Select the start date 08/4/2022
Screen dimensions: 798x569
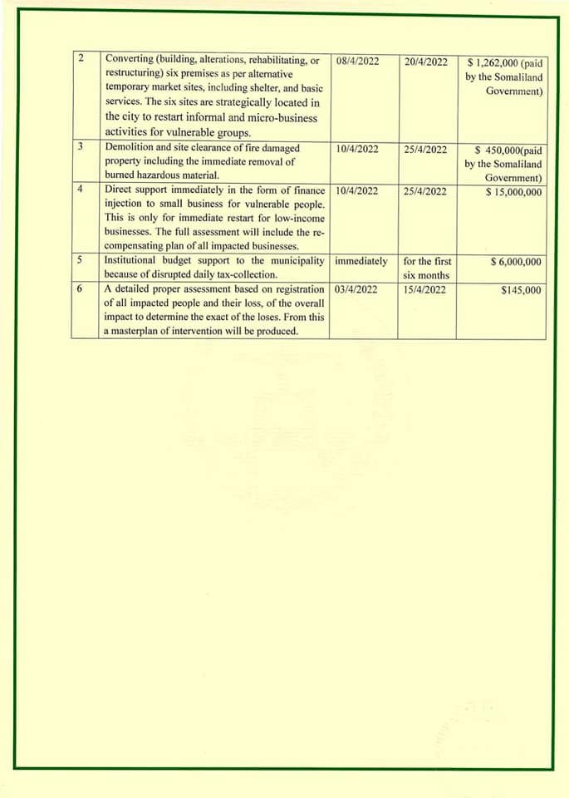358,62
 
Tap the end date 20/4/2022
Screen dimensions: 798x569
425,62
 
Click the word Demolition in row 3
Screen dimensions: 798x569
130,148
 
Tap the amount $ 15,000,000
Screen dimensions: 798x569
513,192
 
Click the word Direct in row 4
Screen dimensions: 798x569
121,190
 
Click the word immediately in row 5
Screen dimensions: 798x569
361,261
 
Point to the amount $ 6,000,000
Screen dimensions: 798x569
516,262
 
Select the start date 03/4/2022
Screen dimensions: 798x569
358,289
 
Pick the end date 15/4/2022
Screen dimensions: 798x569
425,289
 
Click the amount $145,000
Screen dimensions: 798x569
521,289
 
